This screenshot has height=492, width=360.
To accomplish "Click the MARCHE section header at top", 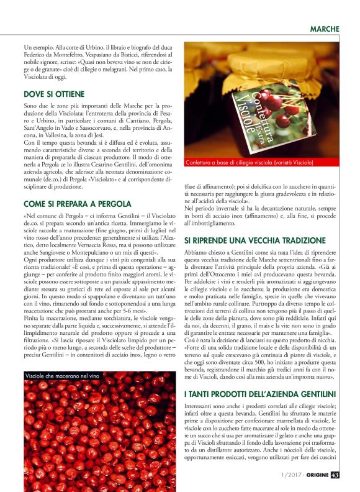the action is (x=324, y=29).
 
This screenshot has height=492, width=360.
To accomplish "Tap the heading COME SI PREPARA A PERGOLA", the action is (x=77, y=203).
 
